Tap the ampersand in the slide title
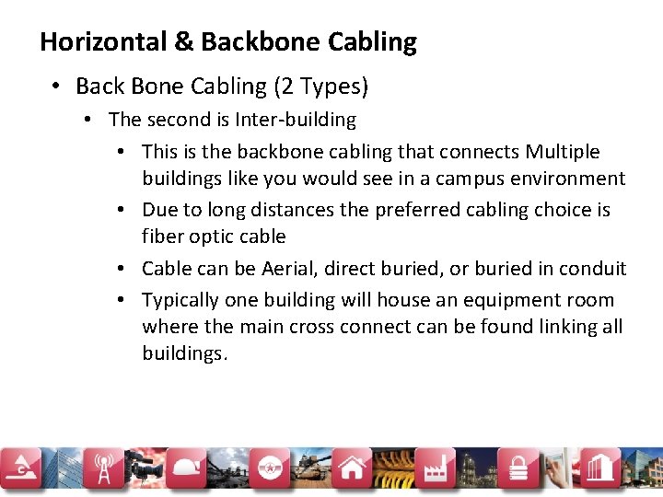click(x=183, y=42)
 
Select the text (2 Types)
click(x=320, y=87)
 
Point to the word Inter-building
click(x=296, y=120)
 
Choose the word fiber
click(x=161, y=237)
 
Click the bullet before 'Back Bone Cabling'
click(x=57, y=87)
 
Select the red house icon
click(x=352, y=468)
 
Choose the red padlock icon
click(x=518, y=468)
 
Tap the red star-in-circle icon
click(x=269, y=468)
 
